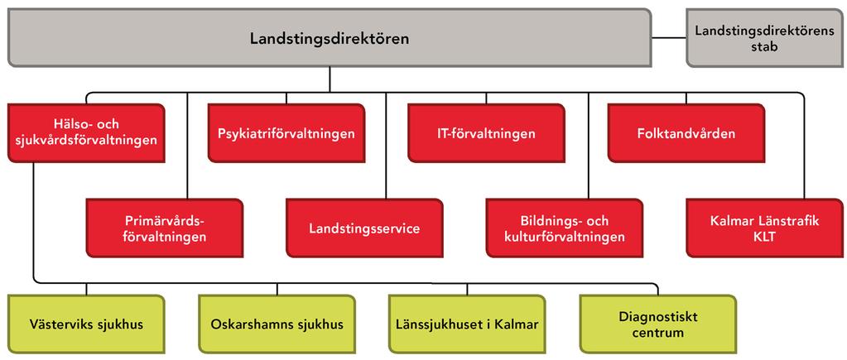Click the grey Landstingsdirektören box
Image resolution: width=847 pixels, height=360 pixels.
click(330, 38)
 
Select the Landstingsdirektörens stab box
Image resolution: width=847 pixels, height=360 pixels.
click(764, 38)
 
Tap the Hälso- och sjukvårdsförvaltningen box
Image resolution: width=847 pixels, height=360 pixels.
click(86, 132)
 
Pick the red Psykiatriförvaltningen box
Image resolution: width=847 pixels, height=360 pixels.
click(286, 132)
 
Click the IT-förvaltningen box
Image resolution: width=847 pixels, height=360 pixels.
click(486, 132)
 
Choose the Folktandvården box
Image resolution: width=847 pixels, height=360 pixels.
click(686, 132)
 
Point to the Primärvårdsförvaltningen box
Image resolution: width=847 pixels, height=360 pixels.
click(165, 228)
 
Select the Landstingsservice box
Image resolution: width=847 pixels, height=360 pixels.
click(364, 228)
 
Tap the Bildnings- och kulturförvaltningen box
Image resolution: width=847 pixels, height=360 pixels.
click(565, 228)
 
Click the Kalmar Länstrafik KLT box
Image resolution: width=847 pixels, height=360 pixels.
click(764, 228)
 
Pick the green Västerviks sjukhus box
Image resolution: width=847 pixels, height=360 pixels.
click(86, 324)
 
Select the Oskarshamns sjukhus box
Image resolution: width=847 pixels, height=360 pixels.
click(277, 324)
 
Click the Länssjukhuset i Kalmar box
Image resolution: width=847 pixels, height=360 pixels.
click(467, 324)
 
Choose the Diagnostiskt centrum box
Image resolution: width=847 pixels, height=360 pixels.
click(658, 324)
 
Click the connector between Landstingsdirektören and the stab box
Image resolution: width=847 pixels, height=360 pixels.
click(669, 38)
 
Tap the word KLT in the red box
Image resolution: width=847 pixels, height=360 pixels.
click(765, 237)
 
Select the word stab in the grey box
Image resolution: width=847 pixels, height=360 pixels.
click(764, 46)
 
